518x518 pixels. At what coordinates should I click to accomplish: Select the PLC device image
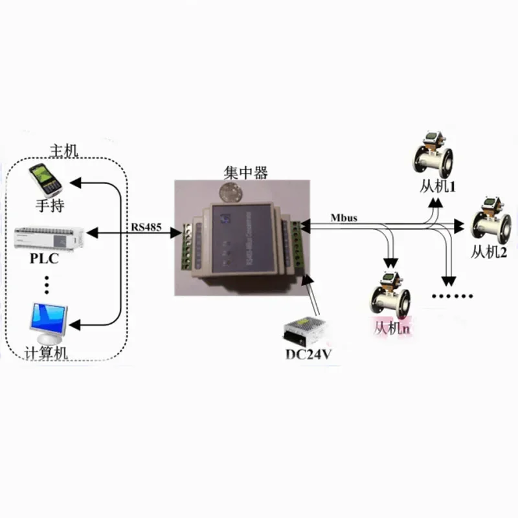click(x=49, y=237)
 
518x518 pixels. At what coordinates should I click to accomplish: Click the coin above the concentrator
click(x=231, y=192)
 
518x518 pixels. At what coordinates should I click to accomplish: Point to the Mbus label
click(x=344, y=216)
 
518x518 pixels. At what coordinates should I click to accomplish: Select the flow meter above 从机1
click(x=433, y=155)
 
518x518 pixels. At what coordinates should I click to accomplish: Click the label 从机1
click(x=438, y=188)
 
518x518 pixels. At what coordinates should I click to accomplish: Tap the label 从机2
click(x=488, y=252)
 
